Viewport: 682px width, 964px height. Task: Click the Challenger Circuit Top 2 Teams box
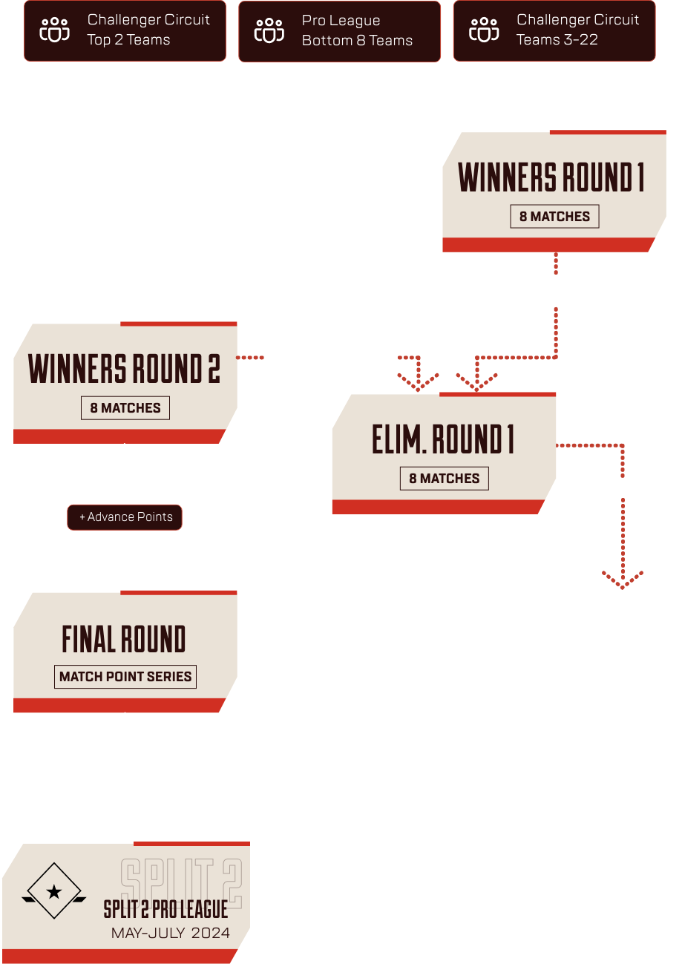(x=125, y=30)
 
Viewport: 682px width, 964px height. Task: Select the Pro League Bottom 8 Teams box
(x=339, y=30)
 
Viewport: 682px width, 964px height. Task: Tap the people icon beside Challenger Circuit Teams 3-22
(x=484, y=30)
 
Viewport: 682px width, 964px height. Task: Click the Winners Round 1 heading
(x=551, y=177)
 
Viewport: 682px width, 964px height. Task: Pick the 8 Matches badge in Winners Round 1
(x=554, y=217)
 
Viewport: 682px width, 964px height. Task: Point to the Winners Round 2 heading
(x=125, y=369)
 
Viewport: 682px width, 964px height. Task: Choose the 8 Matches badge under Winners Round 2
(x=125, y=408)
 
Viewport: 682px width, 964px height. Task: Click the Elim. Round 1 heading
(x=443, y=440)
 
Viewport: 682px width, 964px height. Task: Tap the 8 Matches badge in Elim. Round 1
(x=445, y=479)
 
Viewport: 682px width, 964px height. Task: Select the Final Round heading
(x=124, y=639)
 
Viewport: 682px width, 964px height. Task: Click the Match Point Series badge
(x=125, y=677)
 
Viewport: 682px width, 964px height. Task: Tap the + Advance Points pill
(x=125, y=517)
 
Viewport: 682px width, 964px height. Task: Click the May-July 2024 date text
(x=171, y=933)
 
